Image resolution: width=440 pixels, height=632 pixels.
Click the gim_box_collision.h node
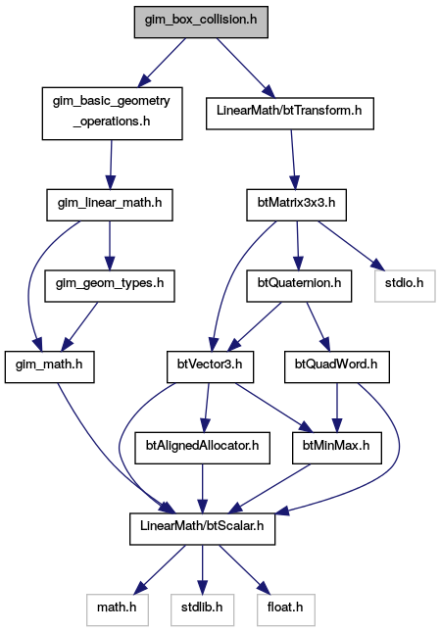click(201, 23)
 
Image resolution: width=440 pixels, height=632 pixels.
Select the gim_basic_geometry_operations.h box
click(112, 114)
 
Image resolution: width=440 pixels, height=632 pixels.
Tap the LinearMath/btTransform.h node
click(290, 114)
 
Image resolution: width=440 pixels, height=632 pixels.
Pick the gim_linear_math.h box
click(110, 205)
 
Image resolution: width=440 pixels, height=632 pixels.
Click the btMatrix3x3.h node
click(297, 205)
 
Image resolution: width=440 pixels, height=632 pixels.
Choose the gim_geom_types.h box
click(110, 286)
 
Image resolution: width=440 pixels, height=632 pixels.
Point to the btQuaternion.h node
click(299, 286)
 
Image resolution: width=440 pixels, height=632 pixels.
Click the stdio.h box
click(405, 286)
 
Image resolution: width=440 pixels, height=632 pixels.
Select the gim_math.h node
click(50, 367)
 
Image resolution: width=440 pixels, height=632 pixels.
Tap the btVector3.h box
click(211, 367)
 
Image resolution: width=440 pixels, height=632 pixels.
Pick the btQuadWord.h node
click(337, 367)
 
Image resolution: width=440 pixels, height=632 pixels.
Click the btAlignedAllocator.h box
click(202, 448)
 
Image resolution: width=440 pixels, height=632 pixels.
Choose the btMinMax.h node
click(337, 448)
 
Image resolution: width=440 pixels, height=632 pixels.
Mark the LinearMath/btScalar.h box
click(202, 529)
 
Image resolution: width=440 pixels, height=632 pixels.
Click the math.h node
click(118, 610)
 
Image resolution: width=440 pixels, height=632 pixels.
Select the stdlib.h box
click(202, 610)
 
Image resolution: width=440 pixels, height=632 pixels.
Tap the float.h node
click(286, 610)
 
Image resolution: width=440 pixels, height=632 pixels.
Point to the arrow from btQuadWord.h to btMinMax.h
click(337, 408)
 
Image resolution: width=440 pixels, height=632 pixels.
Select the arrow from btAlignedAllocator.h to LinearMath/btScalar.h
click(202, 489)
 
